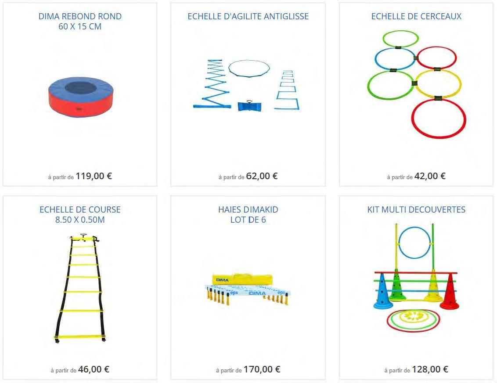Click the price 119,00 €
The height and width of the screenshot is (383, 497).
(94, 176)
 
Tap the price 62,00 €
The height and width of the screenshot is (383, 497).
(262, 176)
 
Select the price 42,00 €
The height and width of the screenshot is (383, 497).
(430, 176)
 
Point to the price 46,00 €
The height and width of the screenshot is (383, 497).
(94, 369)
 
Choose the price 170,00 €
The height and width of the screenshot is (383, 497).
(262, 369)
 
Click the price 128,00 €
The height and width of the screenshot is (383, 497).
(430, 369)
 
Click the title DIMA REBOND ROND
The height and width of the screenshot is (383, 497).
(80, 16)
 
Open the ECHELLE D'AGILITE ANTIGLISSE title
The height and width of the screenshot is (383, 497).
(248, 16)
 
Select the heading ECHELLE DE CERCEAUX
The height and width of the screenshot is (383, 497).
(416, 16)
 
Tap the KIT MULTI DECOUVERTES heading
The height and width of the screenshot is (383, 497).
(416, 210)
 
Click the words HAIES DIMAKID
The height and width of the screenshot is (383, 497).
(248, 210)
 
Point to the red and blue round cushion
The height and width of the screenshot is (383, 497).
(79, 97)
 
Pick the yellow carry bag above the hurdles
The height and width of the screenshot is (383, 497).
(242, 279)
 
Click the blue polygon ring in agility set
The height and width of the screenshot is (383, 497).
(249, 68)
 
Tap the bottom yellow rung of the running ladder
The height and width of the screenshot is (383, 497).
(80, 337)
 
